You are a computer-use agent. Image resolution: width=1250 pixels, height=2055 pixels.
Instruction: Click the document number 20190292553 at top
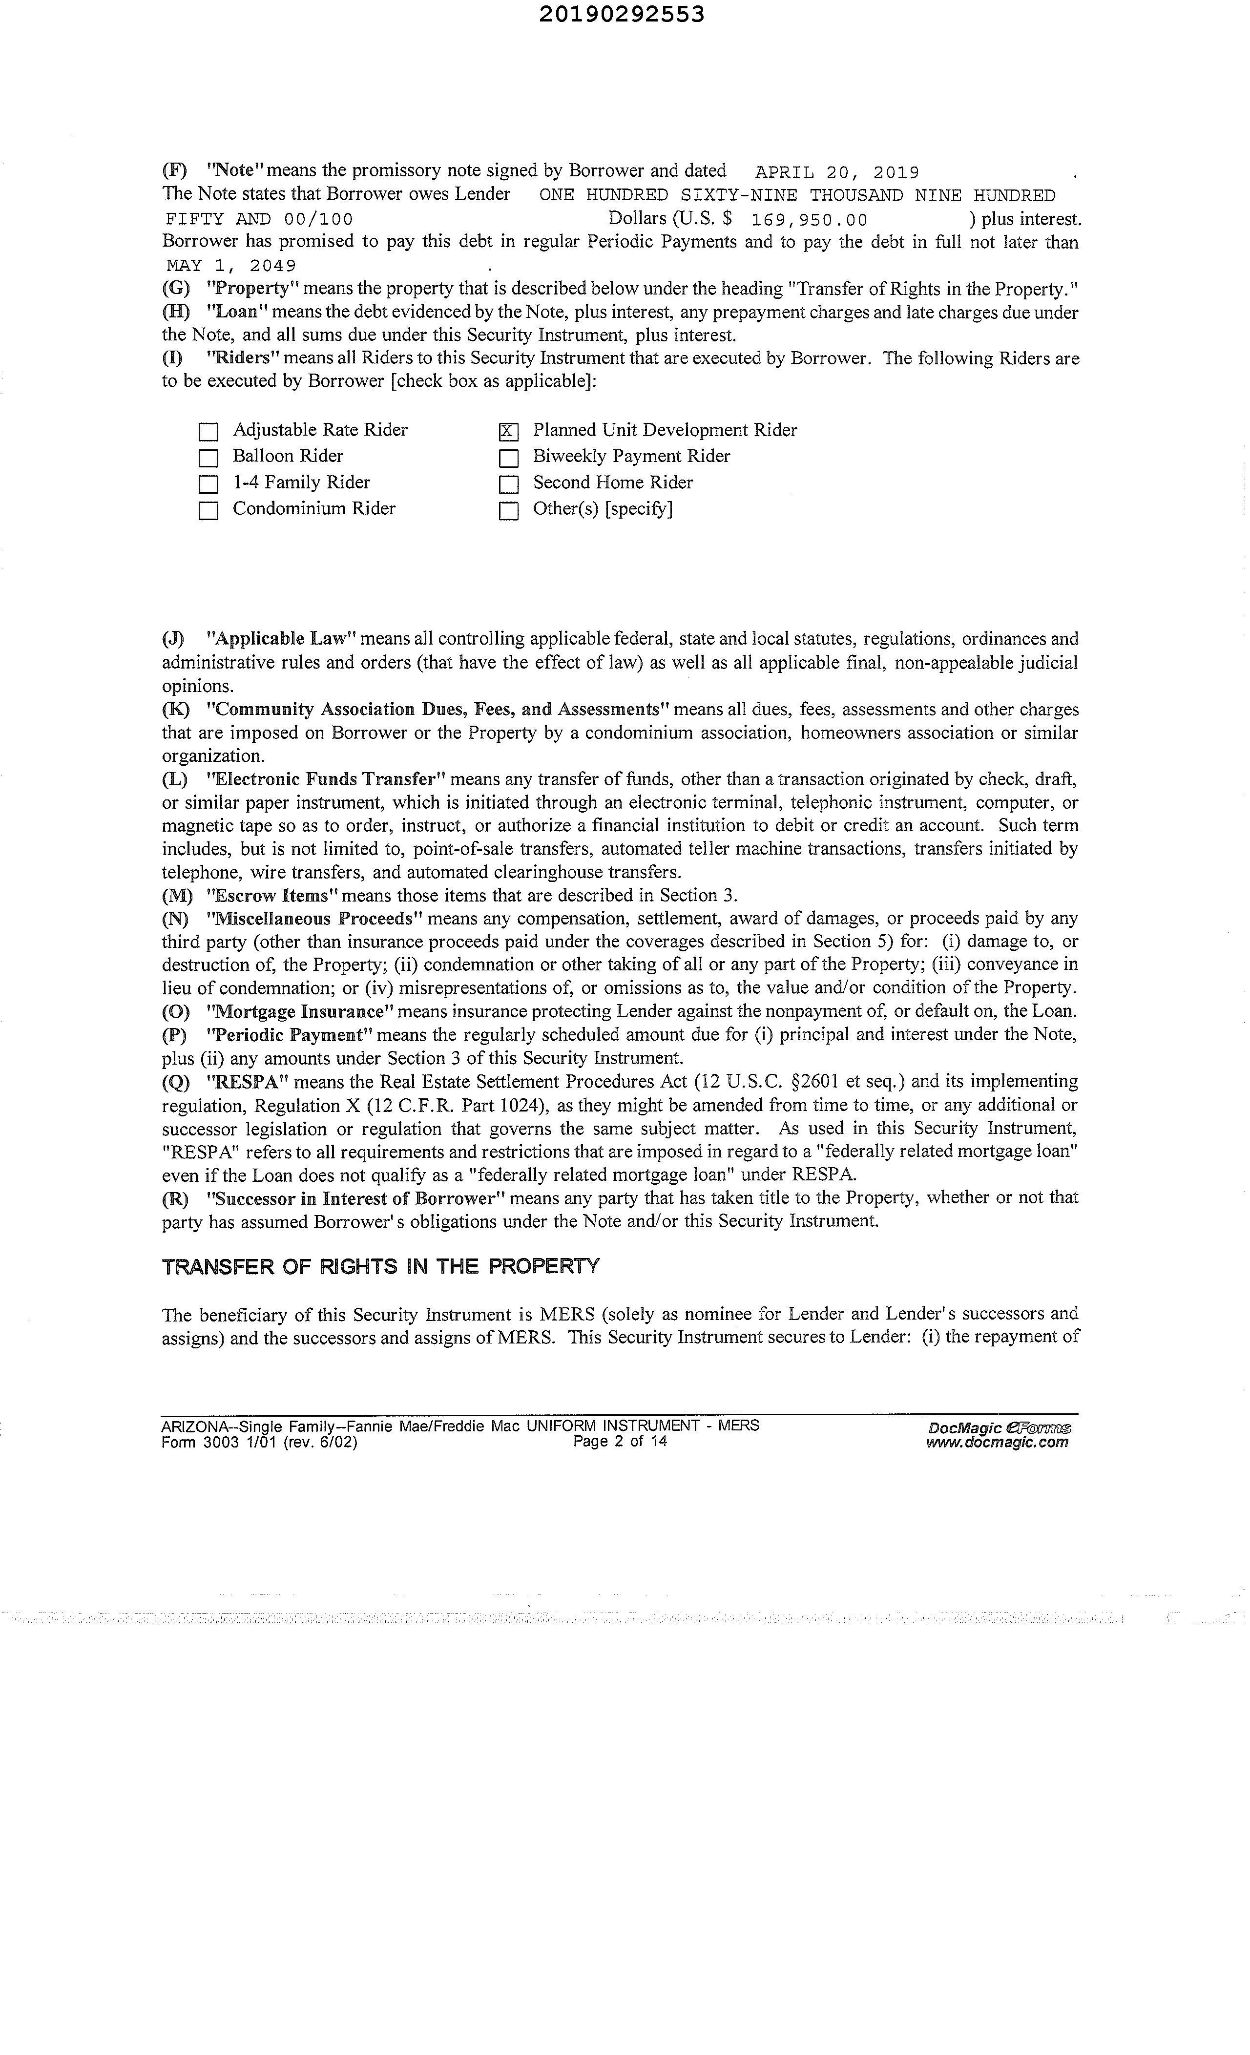click(x=621, y=14)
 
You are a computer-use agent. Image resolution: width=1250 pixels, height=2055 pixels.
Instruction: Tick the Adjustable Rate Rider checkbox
click(x=208, y=431)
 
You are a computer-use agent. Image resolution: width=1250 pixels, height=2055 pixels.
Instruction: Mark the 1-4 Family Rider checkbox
click(x=208, y=484)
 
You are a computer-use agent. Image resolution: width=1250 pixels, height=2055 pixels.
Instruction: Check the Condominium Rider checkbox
click(x=208, y=510)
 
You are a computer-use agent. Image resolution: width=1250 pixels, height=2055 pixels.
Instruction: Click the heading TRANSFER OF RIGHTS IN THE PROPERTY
click(x=380, y=1267)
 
